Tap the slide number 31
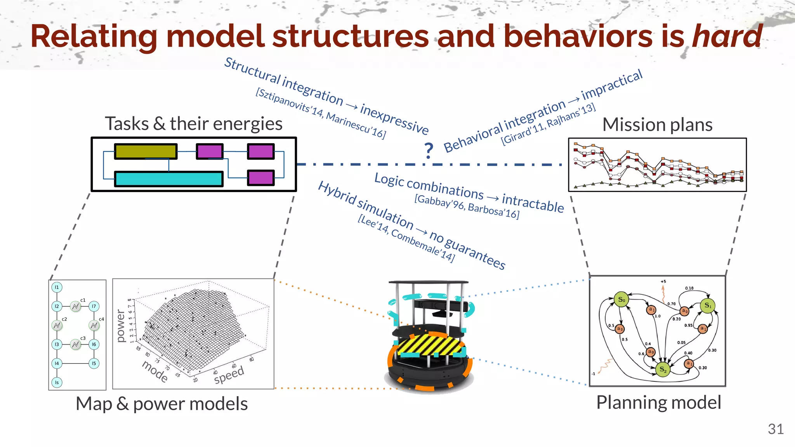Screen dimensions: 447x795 tap(775, 429)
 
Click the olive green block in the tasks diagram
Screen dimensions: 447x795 tap(146, 151)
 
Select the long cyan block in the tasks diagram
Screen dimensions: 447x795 tap(169, 179)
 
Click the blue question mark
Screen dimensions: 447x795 tap(429, 151)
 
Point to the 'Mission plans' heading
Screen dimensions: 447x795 tap(657, 125)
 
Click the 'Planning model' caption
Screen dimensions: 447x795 tap(658, 402)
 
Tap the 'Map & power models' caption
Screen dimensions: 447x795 tap(161, 404)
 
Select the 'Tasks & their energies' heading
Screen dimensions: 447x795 tap(193, 124)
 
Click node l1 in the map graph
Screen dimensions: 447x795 tap(57, 288)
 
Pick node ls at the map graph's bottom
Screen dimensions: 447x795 tap(57, 383)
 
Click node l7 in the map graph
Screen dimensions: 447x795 tap(94, 307)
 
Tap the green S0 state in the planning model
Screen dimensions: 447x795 tap(621, 300)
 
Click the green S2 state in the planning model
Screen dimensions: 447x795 tap(663, 370)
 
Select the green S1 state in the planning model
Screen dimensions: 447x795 tap(708, 305)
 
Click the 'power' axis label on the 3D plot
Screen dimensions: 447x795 tap(121, 326)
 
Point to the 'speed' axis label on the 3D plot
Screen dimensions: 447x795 tap(229, 375)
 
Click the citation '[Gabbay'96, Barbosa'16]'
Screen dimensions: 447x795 tap(467, 206)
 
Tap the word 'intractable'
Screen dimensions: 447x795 tap(533, 203)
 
